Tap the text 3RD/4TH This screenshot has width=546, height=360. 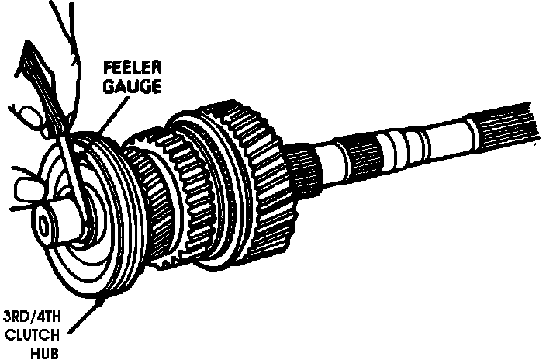pos(32,317)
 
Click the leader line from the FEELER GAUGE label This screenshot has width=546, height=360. pos(109,116)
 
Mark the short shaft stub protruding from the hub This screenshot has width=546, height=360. pos(58,217)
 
